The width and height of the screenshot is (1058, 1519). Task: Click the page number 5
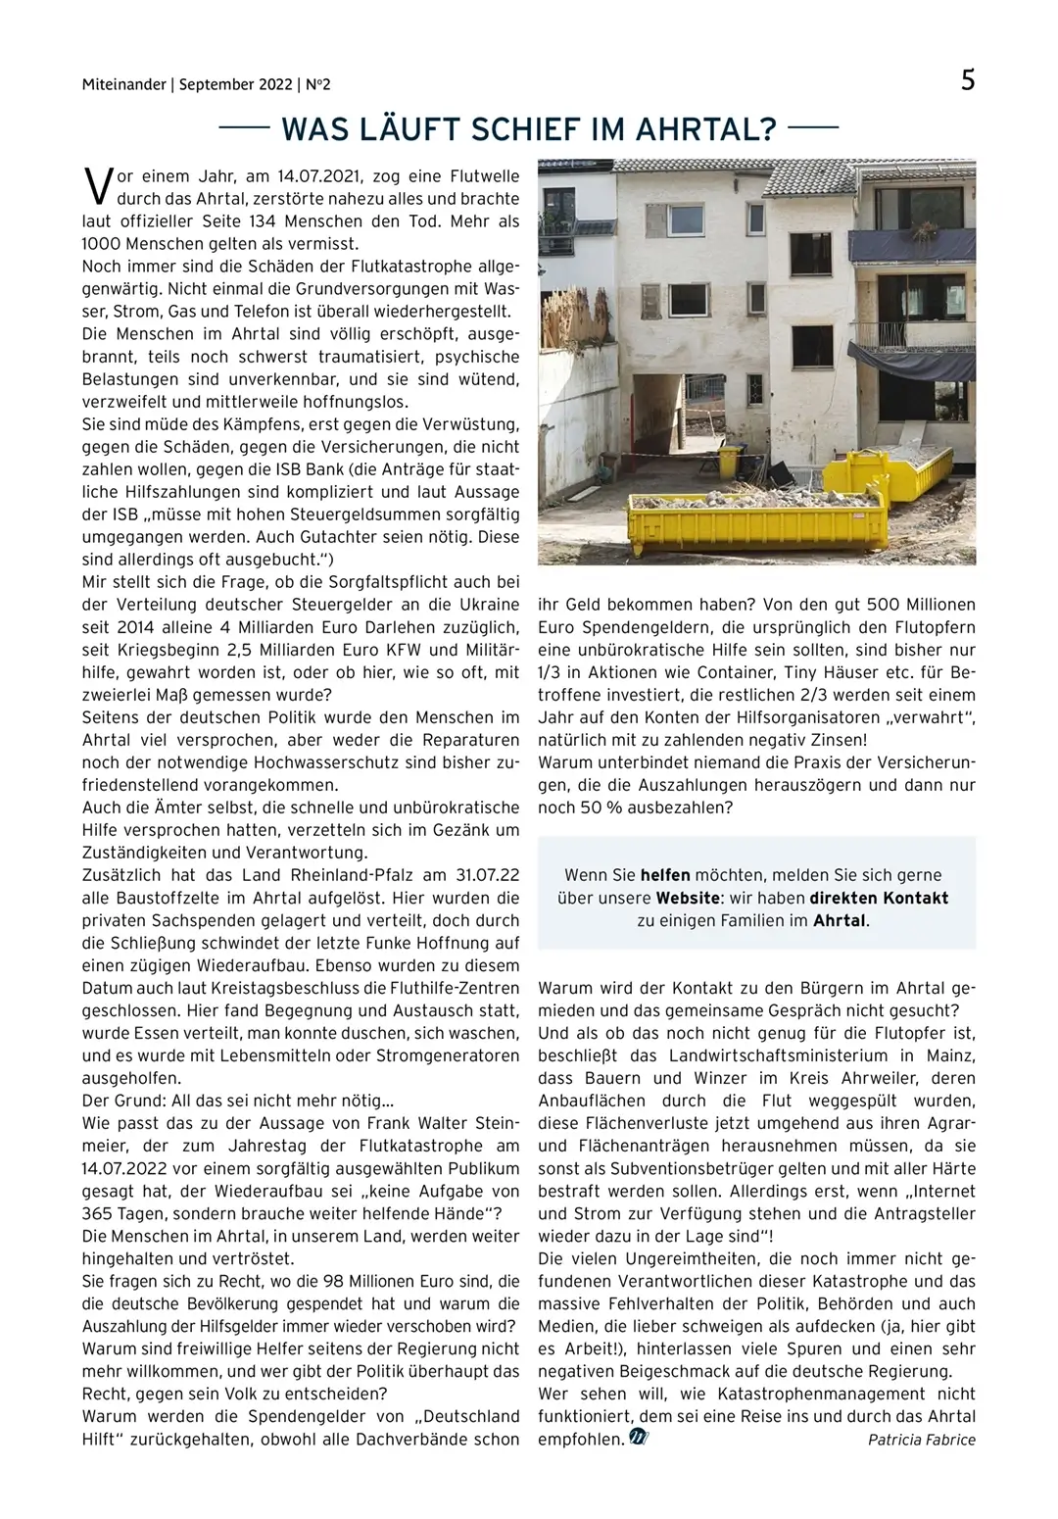pyautogui.click(x=967, y=80)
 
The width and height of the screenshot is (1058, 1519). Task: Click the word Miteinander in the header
pyautogui.click(x=123, y=85)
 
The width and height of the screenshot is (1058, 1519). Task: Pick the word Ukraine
pyautogui.click(x=489, y=605)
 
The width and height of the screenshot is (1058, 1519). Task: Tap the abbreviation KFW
pyautogui.click(x=409, y=650)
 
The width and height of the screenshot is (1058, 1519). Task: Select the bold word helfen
pyautogui.click(x=665, y=875)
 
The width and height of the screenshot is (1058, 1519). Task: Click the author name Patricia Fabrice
pyautogui.click(x=921, y=1440)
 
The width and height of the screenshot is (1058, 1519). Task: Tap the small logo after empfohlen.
pyautogui.click(x=639, y=1438)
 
